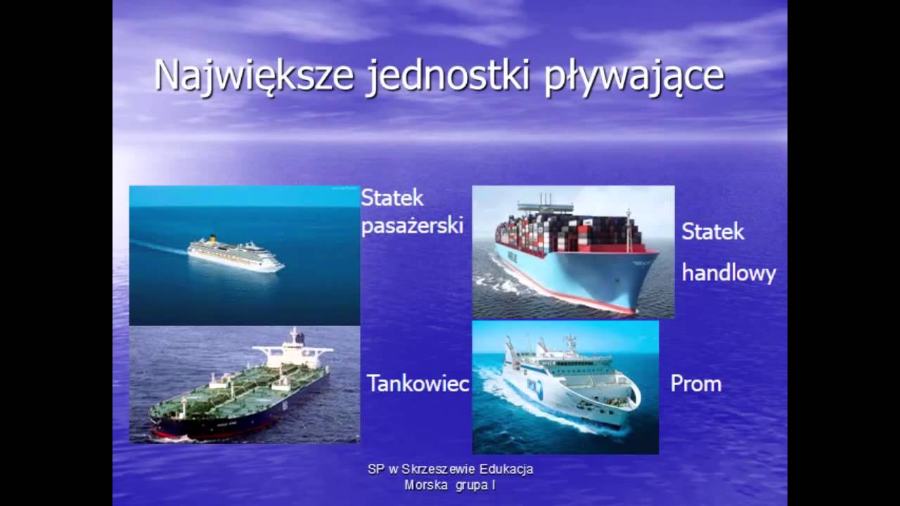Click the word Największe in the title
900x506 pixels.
coord(254,76)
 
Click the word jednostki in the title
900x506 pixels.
coord(447,76)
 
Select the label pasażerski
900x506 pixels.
coord(412,226)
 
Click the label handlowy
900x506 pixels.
coord(728,273)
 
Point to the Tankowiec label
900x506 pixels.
coord(418,384)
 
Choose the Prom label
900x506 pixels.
coord(695,384)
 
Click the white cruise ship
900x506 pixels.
coord(236,254)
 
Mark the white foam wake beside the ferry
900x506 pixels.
coord(520,401)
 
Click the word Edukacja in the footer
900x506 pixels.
coord(506,469)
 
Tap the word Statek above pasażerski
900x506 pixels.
coord(392,198)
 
